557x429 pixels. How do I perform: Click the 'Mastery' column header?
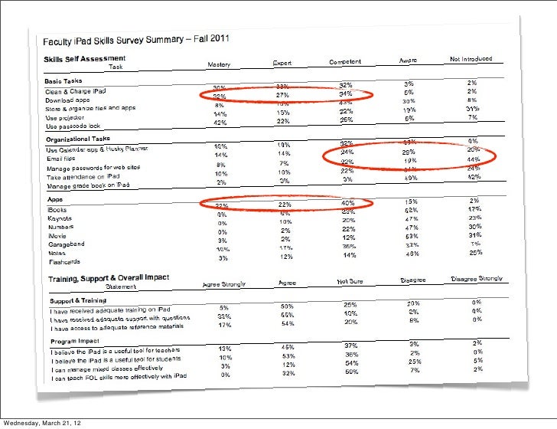(x=221, y=64)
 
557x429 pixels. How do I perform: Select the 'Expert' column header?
(x=283, y=63)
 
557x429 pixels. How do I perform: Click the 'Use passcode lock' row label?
(x=73, y=126)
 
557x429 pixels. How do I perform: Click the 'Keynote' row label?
(x=60, y=217)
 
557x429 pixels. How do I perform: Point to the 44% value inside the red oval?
(x=474, y=159)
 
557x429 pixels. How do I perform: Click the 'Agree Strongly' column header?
(x=224, y=284)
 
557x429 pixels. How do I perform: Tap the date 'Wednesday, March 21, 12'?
(x=43, y=422)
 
